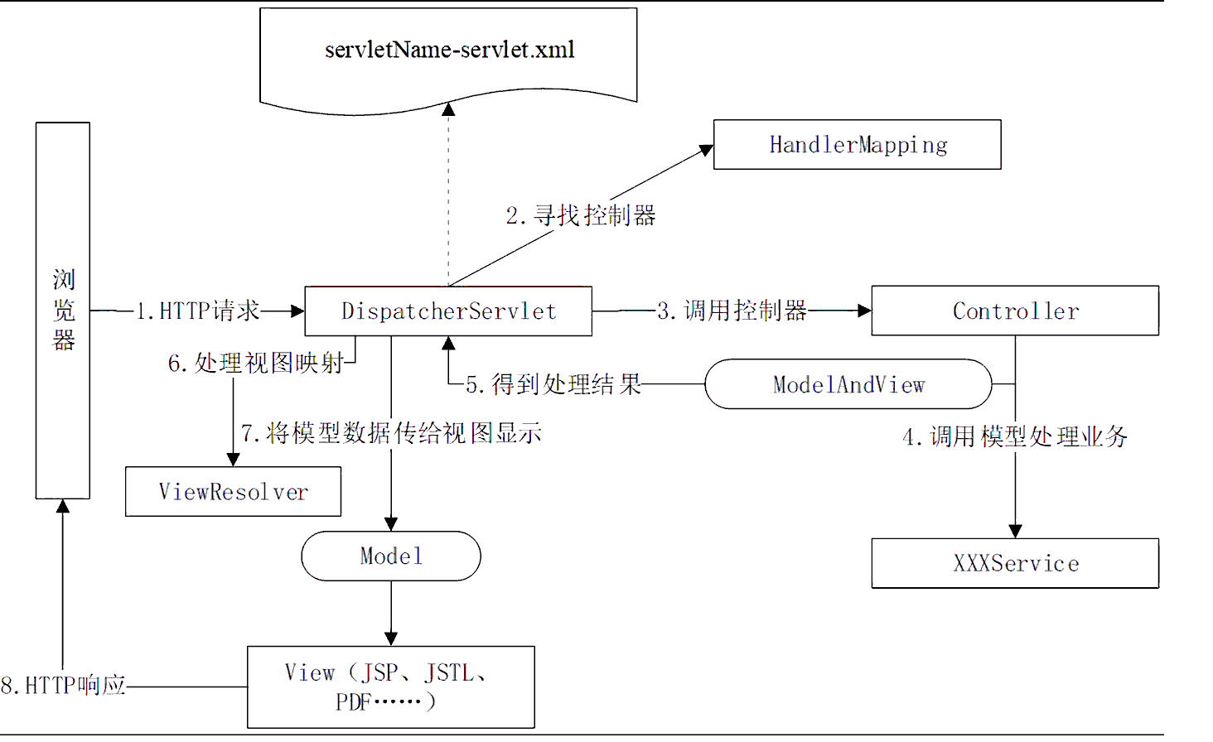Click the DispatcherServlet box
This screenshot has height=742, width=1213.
point(448,311)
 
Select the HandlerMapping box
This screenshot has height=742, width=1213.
point(857,145)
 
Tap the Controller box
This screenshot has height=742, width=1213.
point(1015,311)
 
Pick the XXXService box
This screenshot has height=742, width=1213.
point(1015,564)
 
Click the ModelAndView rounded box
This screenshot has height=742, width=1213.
point(848,384)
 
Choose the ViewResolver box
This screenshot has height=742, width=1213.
point(233,492)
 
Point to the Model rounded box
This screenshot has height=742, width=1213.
point(391,556)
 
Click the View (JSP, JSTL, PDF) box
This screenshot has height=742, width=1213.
point(391,687)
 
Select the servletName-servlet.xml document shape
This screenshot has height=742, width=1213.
point(448,55)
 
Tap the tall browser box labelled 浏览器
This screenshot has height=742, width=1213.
point(63,311)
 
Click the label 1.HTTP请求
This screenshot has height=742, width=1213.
point(198,311)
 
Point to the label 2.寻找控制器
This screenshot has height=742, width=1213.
point(581,216)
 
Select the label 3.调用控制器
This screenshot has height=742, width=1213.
point(732,311)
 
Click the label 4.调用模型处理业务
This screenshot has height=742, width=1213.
point(1015,436)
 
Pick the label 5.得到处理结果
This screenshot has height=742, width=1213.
point(553,384)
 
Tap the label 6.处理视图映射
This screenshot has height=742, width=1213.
point(256,364)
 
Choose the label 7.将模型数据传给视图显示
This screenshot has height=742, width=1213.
point(391,433)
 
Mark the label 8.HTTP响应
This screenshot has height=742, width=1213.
point(64,686)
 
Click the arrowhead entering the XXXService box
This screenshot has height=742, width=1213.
point(1015,531)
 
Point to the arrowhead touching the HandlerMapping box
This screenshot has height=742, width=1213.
point(707,150)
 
